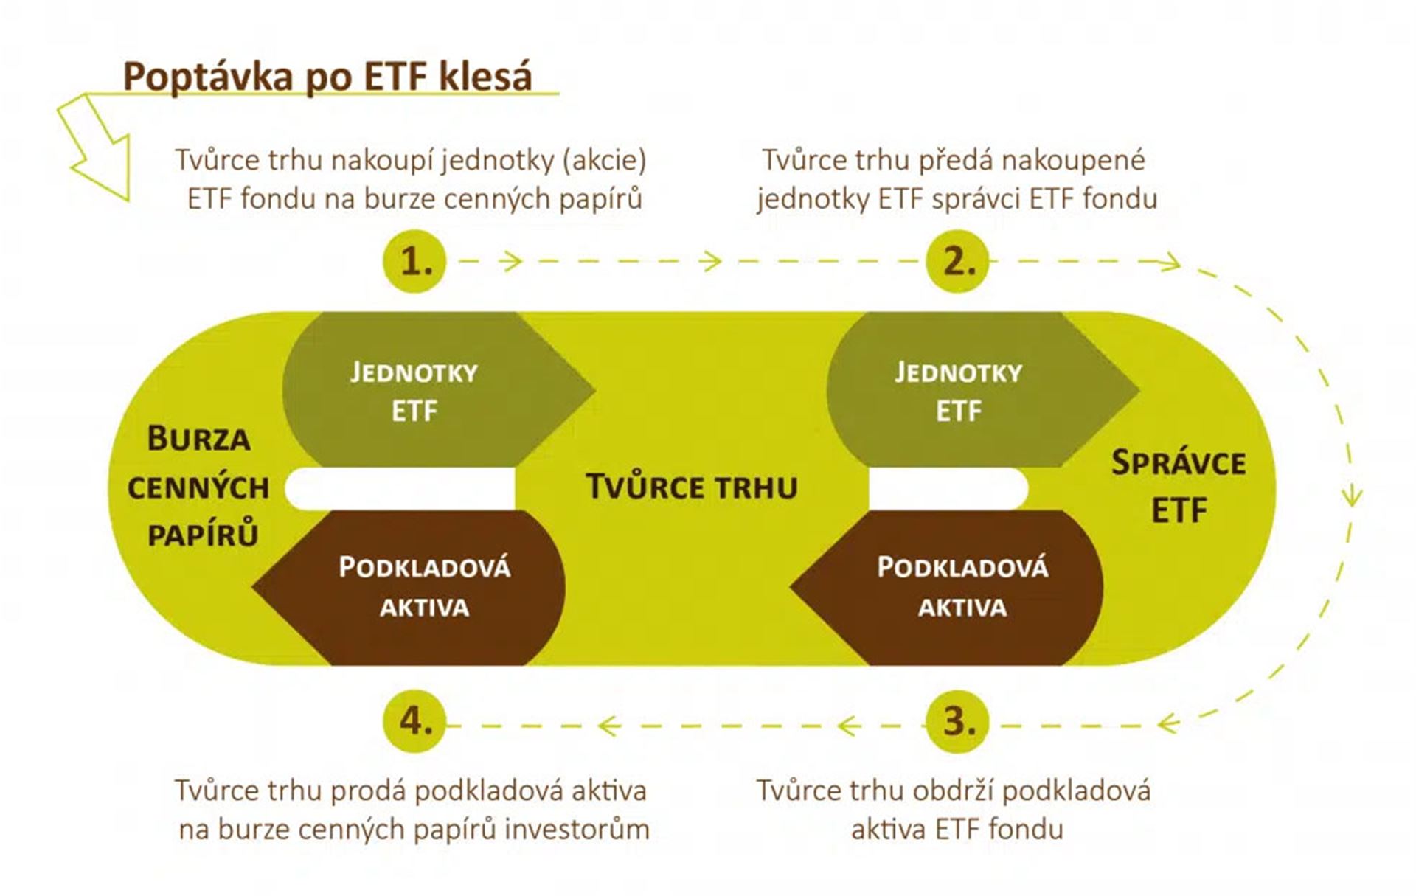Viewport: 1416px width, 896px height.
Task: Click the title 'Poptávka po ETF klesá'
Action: click(x=327, y=77)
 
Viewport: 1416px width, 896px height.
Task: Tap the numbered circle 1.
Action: click(x=415, y=262)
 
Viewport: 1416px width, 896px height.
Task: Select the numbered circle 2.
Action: click(x=957, y=262)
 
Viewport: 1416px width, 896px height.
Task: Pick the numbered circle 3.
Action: click(x=957, y=720)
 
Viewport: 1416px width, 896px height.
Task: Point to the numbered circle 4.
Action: click(x=415, y=720)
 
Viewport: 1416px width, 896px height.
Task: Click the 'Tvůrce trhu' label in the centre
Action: click(x=692, y=487)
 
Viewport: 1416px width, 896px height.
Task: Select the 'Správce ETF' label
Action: click(x=1179, y=486)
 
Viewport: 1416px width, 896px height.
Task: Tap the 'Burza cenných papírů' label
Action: click(x=198, y=487)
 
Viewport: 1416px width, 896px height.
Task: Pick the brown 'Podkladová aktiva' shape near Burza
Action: click(x=409, y=588)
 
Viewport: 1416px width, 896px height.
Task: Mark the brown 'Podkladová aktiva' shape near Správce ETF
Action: click(x=947, y=588)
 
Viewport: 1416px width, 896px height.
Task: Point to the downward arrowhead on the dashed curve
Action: click(x=1352, y=495)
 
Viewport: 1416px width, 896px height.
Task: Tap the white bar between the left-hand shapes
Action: click(x=400, y=488)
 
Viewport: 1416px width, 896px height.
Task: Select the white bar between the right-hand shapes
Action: click(x=948, y=488)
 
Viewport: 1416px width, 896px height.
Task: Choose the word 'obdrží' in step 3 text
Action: click(x=954, y=791)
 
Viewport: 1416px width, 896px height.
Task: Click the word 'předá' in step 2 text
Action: click(x=955, y=161)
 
